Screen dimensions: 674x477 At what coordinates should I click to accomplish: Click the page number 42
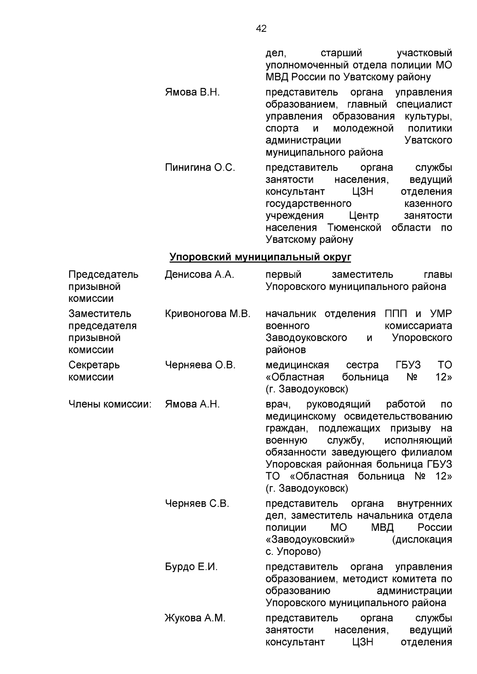[261, 29]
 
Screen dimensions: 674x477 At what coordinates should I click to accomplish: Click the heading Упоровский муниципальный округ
[260, 257]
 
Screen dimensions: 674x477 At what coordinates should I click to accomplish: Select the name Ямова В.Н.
[192, 93]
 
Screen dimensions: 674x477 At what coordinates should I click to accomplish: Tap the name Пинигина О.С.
[200, 168]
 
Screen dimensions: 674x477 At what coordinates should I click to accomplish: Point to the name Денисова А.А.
[199, 274]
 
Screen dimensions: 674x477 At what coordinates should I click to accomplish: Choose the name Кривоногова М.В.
[207, 314]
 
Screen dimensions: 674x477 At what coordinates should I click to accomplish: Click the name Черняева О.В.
[200, 365]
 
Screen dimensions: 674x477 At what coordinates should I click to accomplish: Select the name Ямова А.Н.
[192, 404]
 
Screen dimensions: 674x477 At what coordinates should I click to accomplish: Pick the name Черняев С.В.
[197, 504]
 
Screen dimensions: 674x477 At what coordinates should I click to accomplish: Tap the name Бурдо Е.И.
[191, 567]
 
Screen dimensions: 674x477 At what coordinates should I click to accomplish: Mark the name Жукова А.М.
[195, 618]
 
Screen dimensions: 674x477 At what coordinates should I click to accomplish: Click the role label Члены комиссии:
[110, 404]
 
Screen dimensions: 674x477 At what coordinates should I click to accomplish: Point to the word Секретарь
[94, 365]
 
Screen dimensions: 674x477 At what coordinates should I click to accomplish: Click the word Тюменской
[354, 228]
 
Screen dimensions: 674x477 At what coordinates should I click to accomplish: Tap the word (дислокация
[422, 539]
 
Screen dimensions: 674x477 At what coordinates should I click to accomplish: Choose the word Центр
[364, 216]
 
